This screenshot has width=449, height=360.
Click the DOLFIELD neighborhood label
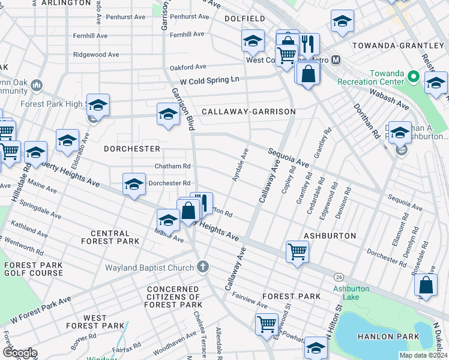(244, 19)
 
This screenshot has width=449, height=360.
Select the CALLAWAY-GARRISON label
(249, 112)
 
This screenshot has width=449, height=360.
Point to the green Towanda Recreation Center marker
(413, 76)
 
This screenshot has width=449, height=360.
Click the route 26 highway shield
(340, 277)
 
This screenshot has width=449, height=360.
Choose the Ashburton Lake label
(351, 292)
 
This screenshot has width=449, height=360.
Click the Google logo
(20, 353)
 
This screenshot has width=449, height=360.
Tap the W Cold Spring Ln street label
(209, 79)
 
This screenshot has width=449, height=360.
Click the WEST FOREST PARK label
(95, 322)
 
